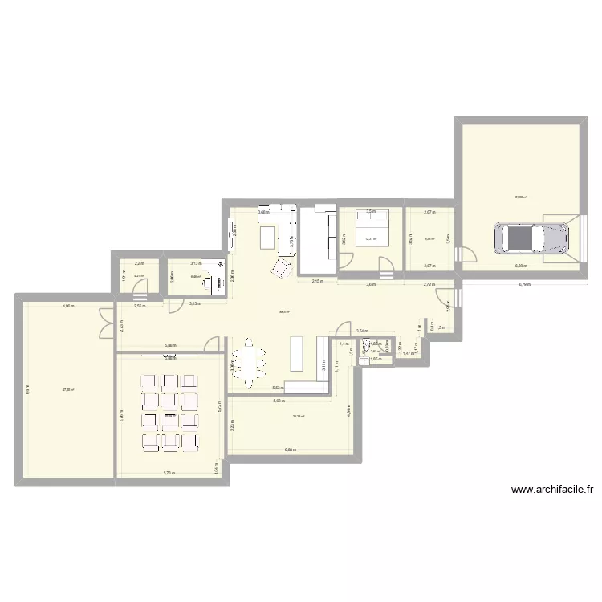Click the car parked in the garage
[531, 238]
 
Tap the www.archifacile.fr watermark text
[557, 490]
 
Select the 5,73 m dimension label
[169, 473]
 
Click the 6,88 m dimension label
[290, 449]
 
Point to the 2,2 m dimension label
[138, 262]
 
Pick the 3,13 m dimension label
[195, 262]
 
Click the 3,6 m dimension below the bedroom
[371, 284]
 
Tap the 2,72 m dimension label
[429, 284]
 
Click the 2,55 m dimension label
[138, 306]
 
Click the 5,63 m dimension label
[279, 401]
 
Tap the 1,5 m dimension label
[441, 327]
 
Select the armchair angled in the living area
[282, 269]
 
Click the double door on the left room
[105, 323]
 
